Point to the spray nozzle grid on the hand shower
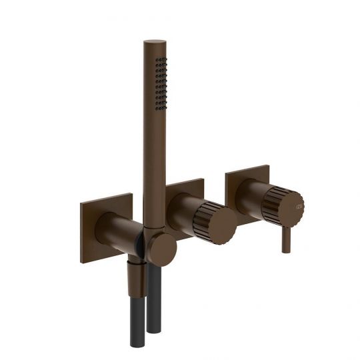click(x=161, y=84)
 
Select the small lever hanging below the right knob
click(x=286, y=239)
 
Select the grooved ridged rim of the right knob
click(x=275, y=200)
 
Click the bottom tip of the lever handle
click(x=286, y=251)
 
